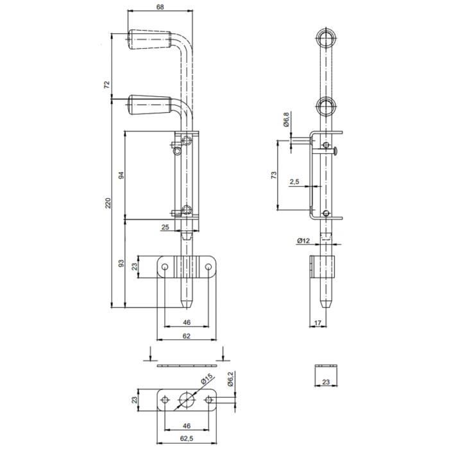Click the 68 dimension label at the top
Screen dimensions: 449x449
point(160,7)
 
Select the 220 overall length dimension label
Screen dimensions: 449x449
point(108,203)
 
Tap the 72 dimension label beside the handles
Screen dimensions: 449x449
point(107,85)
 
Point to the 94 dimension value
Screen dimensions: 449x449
point(121,175)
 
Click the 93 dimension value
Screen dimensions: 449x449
point(121,263)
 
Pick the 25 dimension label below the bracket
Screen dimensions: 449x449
point(165,227)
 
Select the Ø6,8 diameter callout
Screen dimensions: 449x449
point(286,119)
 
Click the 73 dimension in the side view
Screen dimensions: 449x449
point(274,175)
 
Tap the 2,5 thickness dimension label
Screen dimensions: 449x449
point(294,182)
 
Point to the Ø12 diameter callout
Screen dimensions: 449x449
point(303,241)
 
